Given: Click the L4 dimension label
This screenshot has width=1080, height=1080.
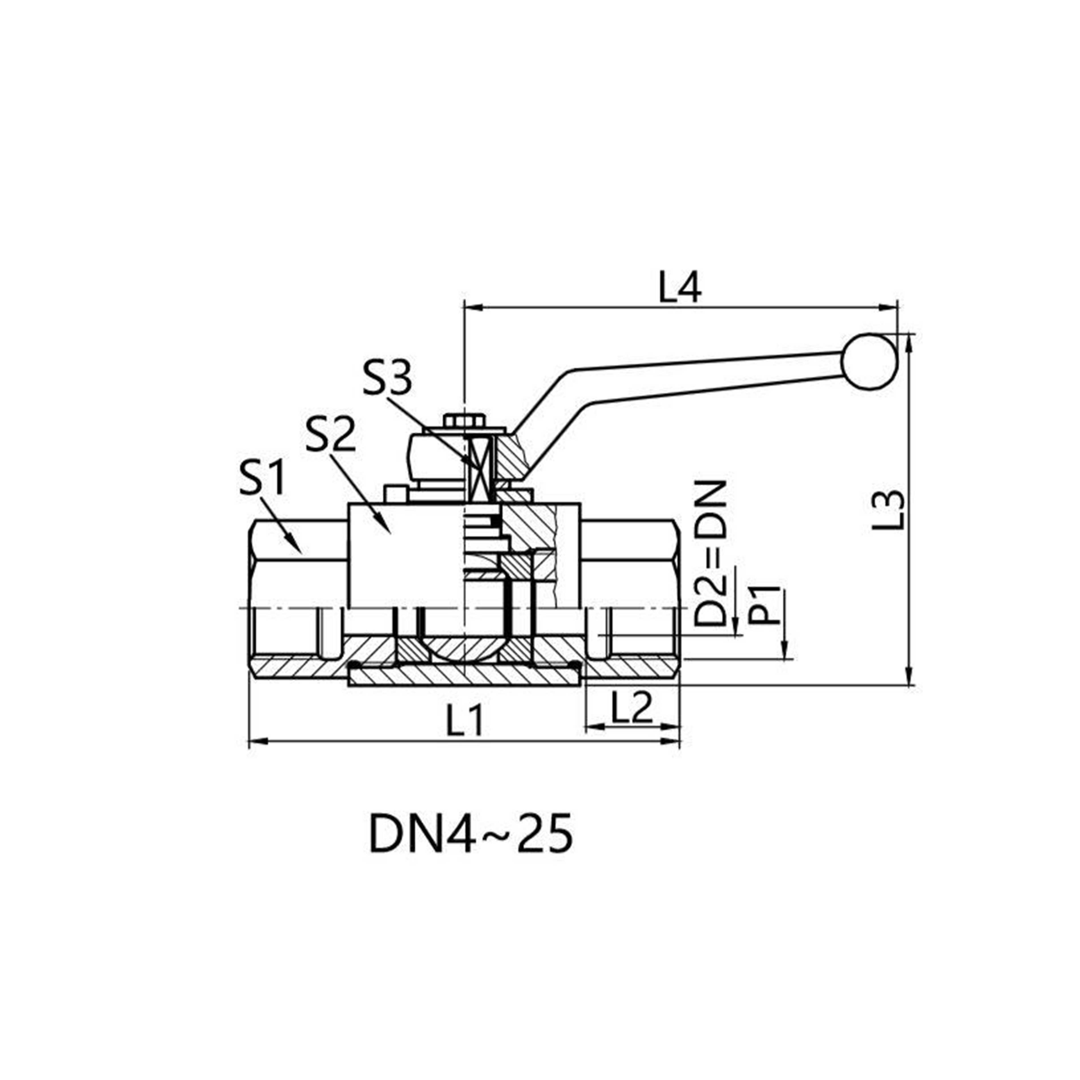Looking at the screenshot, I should pos(679,288).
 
